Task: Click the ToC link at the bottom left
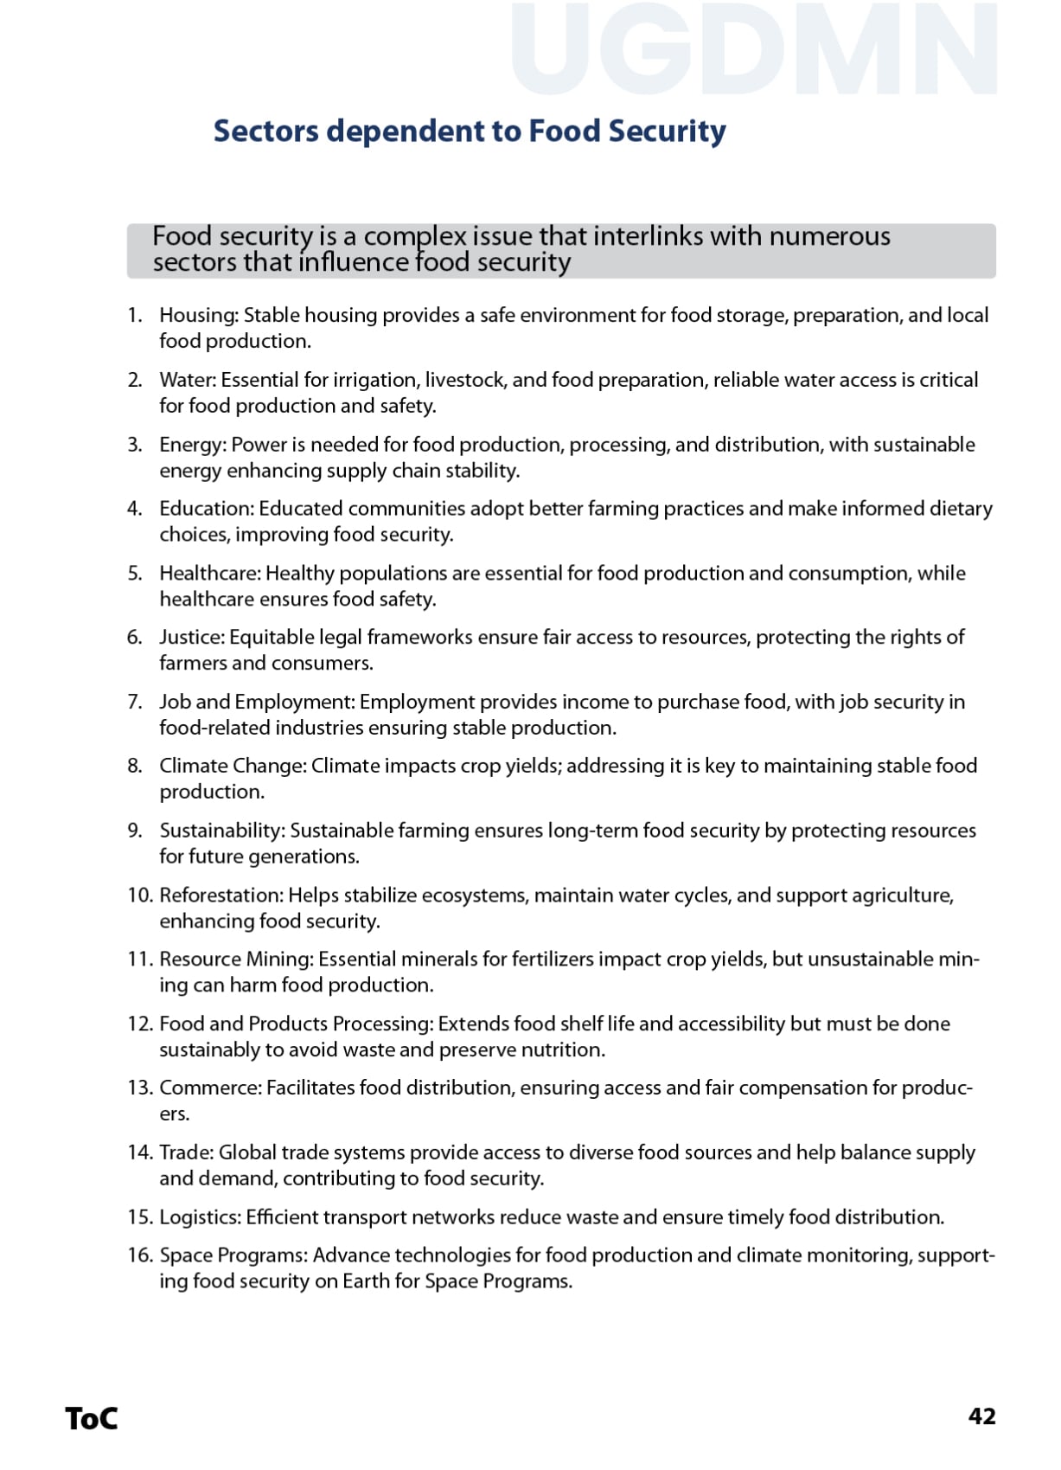(91, 1418)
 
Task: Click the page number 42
(981, 1416)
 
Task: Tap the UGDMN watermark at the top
(754, 50)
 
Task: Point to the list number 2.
(134, 380)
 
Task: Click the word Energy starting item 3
(192, 445)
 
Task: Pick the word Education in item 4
(206, 509)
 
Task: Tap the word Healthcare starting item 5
(209, 573)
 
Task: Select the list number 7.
(134, 702)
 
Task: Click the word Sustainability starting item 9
(221, 831)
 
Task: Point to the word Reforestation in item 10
(221, 895)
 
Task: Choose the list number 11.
(139, 960)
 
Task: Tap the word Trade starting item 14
(185, 1152)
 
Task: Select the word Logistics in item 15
(199, 1217)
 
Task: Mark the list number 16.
(139, 1255)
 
